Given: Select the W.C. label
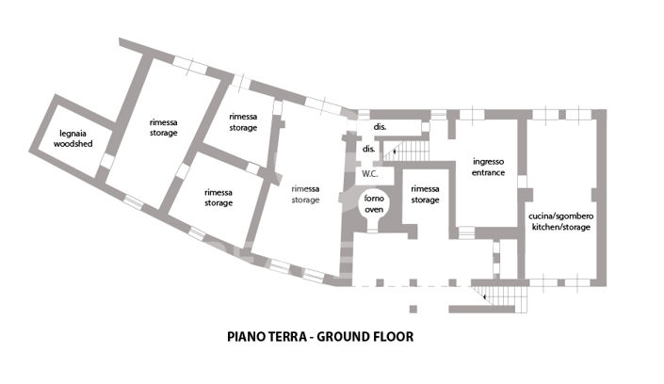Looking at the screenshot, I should pos(370,173).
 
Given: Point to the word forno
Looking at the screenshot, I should pos(375,198).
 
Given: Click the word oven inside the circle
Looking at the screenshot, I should pos(375,209).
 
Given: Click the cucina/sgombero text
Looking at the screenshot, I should pos(561,216).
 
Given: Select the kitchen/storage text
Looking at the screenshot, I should pos(561,228).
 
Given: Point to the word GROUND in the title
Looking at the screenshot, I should pos(348,336).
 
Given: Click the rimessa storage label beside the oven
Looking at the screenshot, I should pos(426,193).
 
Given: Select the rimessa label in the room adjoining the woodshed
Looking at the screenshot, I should pos(164,122).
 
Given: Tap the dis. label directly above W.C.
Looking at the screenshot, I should pos(369,149).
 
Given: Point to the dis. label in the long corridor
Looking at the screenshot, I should pos(381,126).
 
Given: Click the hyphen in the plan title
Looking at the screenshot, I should pos(316,336).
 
